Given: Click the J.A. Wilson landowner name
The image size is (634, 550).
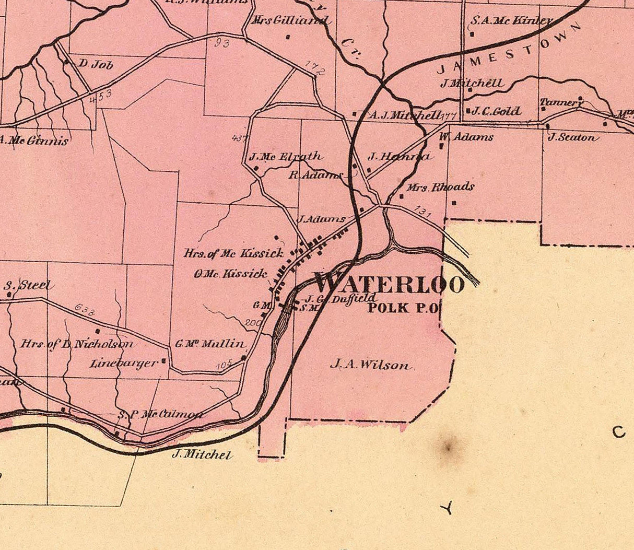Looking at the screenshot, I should coord(370,365).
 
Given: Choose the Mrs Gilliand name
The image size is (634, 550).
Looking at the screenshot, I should coord(290,21).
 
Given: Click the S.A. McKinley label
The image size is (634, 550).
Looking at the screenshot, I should coord(511,21).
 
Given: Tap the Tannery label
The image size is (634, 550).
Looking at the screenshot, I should coord(560,102).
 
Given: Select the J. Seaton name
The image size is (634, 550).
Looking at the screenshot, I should coord(571,138).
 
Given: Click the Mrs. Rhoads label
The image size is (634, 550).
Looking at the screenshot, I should coord(440,187).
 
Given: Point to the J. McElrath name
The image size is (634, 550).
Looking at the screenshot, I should coord(285,156).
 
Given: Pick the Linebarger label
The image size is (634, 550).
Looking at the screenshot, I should coord(123,362).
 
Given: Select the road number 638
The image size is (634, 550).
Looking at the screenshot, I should coord(85,310).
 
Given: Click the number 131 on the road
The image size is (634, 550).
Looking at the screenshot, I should coord(424,211).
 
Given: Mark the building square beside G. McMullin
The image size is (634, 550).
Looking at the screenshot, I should coord(243,358).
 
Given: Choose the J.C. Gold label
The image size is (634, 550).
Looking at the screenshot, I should coord(496,111).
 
